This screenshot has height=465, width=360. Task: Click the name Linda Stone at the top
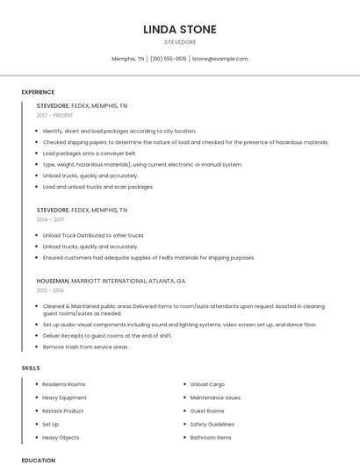(179, 30)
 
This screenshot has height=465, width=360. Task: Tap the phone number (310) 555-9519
(168, 59)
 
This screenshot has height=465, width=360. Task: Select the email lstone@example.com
(220, 59)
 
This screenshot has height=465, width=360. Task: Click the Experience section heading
(38, 92)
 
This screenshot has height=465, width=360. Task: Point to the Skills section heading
(31, 368)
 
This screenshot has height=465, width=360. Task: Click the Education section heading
(38, 460)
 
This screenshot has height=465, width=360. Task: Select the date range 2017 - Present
(54, 115)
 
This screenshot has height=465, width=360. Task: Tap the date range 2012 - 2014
(51, 290)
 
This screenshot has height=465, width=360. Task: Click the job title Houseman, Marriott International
(111, 281)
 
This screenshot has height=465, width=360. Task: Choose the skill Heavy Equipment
(64, 397)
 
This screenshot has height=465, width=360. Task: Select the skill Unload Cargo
(207, 384)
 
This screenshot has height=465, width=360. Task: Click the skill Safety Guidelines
(212, 424)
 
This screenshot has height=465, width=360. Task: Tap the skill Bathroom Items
(211, 437)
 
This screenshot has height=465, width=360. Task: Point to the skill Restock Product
(63, 411)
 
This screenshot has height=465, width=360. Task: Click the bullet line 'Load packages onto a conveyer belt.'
(90, 153)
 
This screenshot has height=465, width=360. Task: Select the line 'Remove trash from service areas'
(86, 347)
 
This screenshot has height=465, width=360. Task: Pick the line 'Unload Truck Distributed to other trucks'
(93, 235)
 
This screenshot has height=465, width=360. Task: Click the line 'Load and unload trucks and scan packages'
(97, 187)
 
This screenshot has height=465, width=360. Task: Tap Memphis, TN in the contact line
(127, 59)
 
